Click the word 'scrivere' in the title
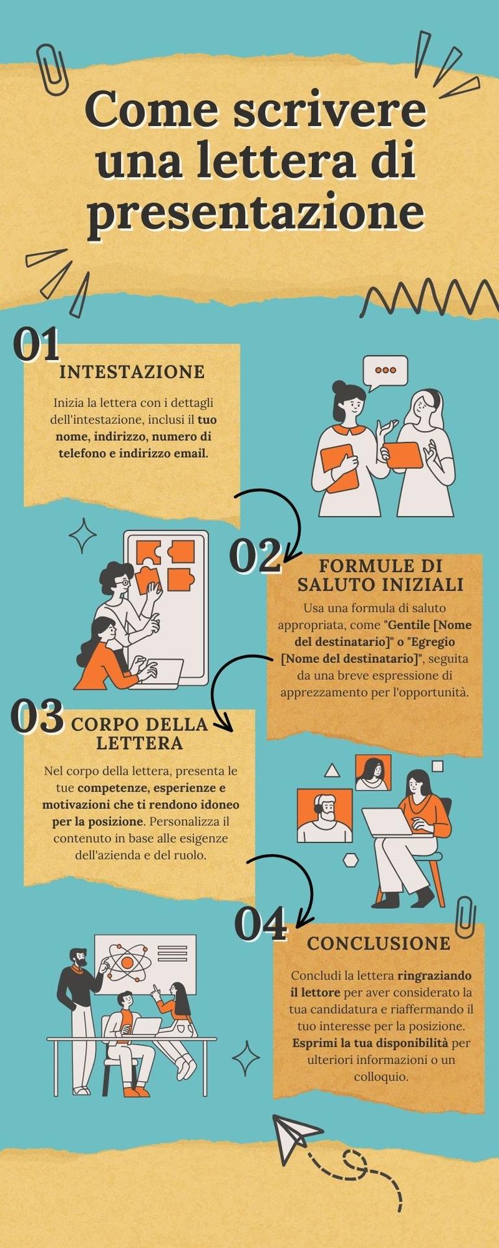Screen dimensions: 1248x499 329,110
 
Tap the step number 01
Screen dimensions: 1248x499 36,344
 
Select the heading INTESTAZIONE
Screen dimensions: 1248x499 132,372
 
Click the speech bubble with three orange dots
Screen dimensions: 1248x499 385,371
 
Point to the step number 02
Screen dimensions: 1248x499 255,556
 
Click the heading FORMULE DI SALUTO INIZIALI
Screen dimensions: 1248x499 380,575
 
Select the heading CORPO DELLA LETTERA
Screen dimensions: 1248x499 139,733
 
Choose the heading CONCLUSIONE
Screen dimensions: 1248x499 379,943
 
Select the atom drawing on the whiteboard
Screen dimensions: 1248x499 128,961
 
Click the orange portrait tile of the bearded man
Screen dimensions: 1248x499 324,815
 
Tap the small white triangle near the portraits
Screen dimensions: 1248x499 332,771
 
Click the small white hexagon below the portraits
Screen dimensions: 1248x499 351,860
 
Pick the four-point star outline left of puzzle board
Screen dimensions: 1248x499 83,536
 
